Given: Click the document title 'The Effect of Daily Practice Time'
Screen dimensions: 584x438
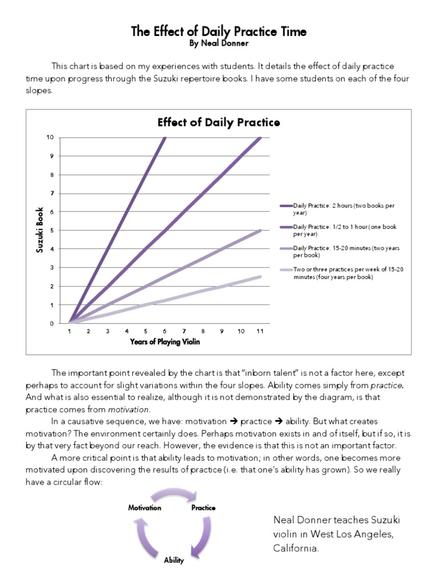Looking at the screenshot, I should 218,31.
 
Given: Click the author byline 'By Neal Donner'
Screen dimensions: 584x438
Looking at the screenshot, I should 218,43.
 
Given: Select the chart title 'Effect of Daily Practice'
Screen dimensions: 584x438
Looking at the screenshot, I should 218,123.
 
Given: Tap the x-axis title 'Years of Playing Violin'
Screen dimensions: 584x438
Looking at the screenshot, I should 165,342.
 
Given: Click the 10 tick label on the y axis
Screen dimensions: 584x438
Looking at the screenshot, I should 51,137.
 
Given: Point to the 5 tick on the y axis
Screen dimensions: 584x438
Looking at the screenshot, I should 52,230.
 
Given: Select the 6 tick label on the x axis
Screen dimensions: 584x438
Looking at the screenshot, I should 165,331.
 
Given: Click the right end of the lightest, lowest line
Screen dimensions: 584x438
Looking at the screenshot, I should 260,277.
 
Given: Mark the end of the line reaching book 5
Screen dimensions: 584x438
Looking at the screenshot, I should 260,230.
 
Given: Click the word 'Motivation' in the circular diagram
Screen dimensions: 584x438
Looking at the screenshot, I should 144,508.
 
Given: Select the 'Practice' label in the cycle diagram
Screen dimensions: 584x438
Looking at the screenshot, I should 204,508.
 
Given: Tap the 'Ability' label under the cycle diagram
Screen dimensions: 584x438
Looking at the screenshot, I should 174,560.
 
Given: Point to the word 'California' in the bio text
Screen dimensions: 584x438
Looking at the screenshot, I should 295,548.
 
